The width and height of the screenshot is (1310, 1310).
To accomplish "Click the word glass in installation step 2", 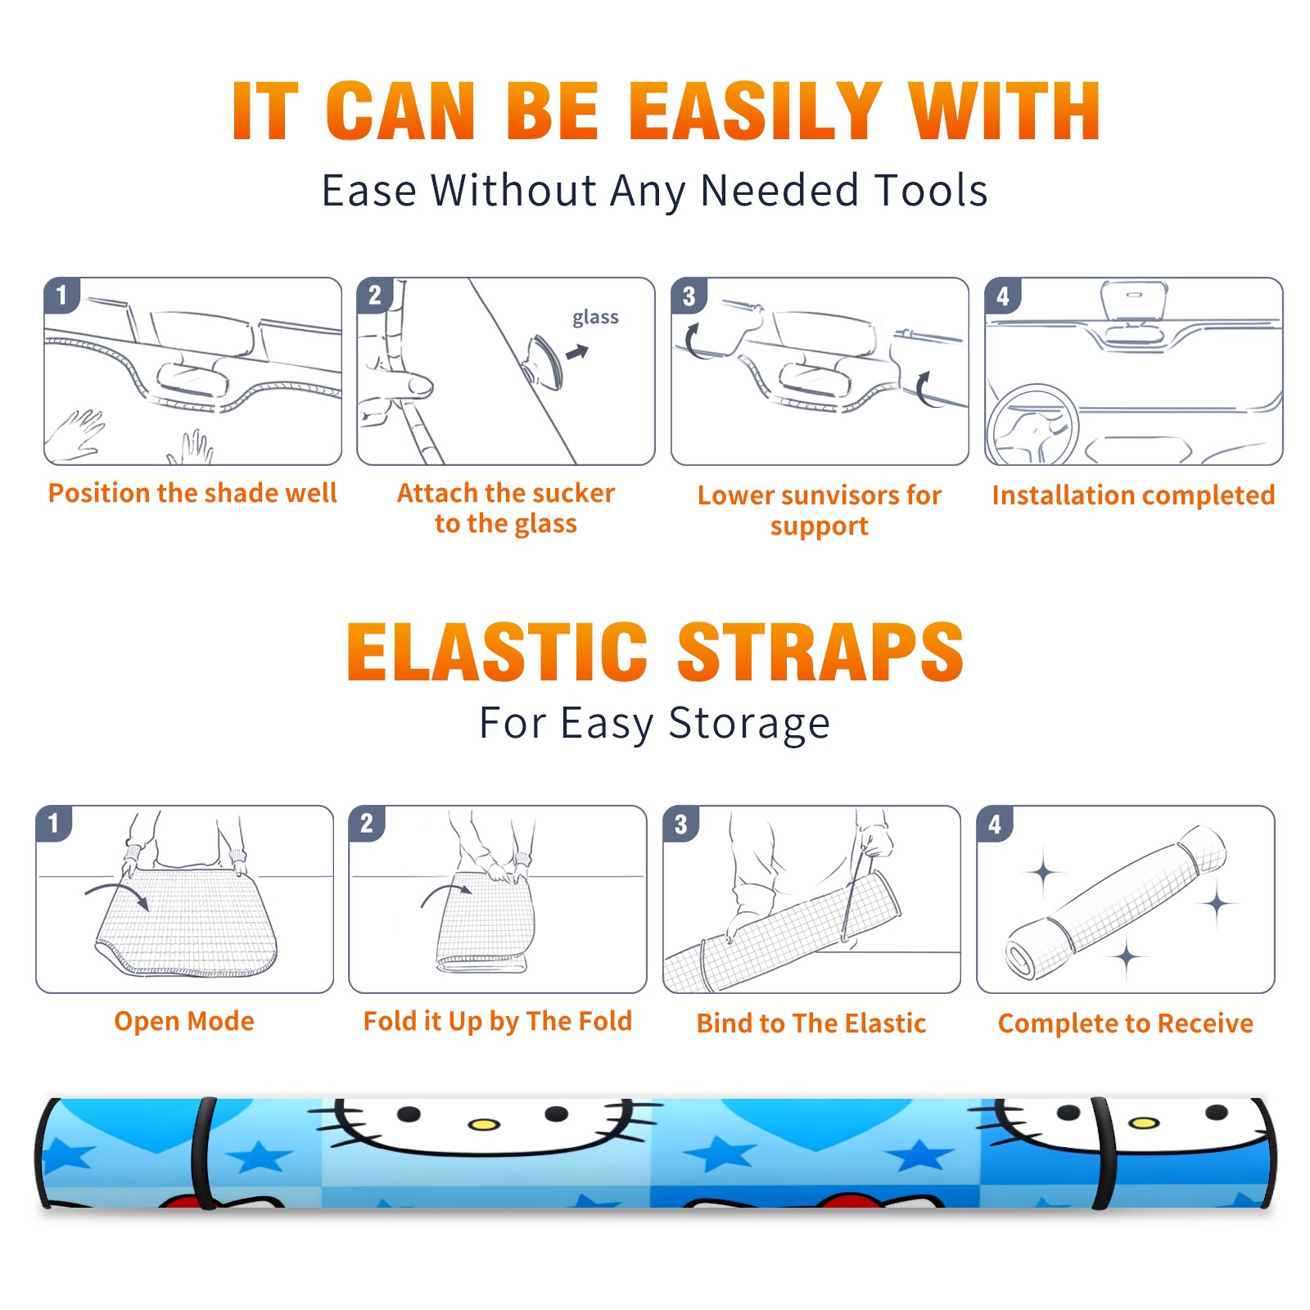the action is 595,318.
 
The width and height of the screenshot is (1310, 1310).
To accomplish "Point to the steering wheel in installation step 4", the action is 1032,425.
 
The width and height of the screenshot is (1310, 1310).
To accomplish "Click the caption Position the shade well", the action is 192,493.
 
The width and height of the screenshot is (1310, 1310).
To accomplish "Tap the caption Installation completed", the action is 1133,495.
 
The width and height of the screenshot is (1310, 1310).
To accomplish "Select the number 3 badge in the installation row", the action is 689,296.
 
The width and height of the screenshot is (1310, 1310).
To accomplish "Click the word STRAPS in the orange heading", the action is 820,652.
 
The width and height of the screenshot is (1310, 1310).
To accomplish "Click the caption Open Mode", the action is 184,1021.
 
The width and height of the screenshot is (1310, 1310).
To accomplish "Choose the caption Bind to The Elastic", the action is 811,1023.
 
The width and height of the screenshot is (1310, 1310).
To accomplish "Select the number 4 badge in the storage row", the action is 995,824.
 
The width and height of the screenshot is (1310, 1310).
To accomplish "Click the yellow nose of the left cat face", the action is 484,1124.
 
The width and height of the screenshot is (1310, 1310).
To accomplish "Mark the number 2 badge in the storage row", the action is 367,824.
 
